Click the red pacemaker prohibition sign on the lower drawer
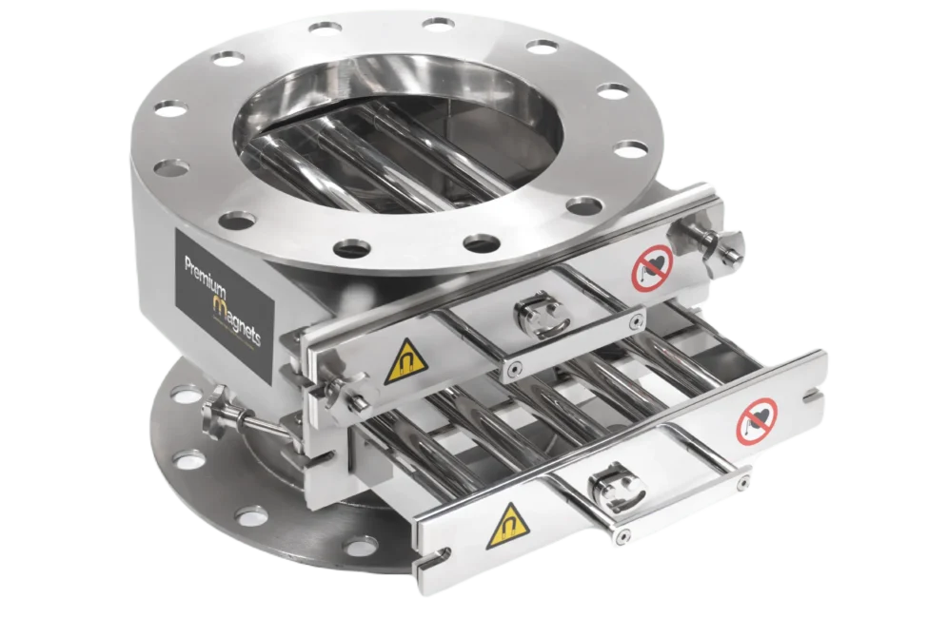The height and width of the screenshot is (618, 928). [x=757, y=421]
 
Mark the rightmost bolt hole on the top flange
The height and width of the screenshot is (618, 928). [x=630, y=149]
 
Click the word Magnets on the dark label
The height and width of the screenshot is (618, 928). [x=234, y=319]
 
